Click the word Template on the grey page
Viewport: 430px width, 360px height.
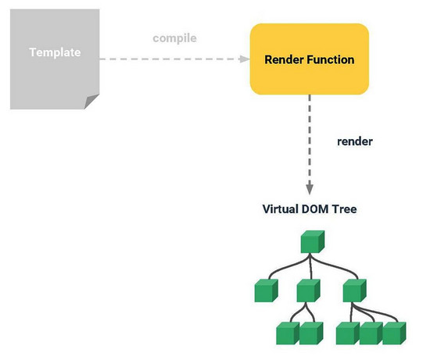click(x=55, y=53)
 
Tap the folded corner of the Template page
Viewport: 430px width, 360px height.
click(x=92, y=102)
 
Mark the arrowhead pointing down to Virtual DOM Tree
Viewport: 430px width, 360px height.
click(x=310, y=188)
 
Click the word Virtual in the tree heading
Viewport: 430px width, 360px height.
click(x=283, y=210)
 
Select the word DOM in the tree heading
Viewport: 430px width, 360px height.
click(x=321, y=210)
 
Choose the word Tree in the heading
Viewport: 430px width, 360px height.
click(x=346, y=210)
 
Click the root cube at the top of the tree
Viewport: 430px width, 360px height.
click(x=310, y=242)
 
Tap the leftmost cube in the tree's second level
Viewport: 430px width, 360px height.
click(x=266, y=291)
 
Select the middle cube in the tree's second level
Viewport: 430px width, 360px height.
click(x=309, y=291)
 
